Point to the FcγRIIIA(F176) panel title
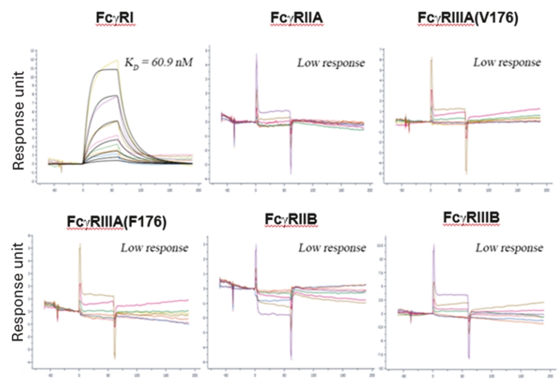(x=118, y=222)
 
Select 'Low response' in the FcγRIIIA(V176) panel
(x=507, y=63)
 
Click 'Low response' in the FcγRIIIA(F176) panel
(x=155, y=248)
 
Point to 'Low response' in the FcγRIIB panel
(x=331, y=248)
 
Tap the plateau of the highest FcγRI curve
(x=99, y=69)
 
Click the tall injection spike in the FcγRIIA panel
(x=256, y=66)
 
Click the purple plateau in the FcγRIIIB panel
(x=451, y=294)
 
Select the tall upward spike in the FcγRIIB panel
(x=256, y=253)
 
